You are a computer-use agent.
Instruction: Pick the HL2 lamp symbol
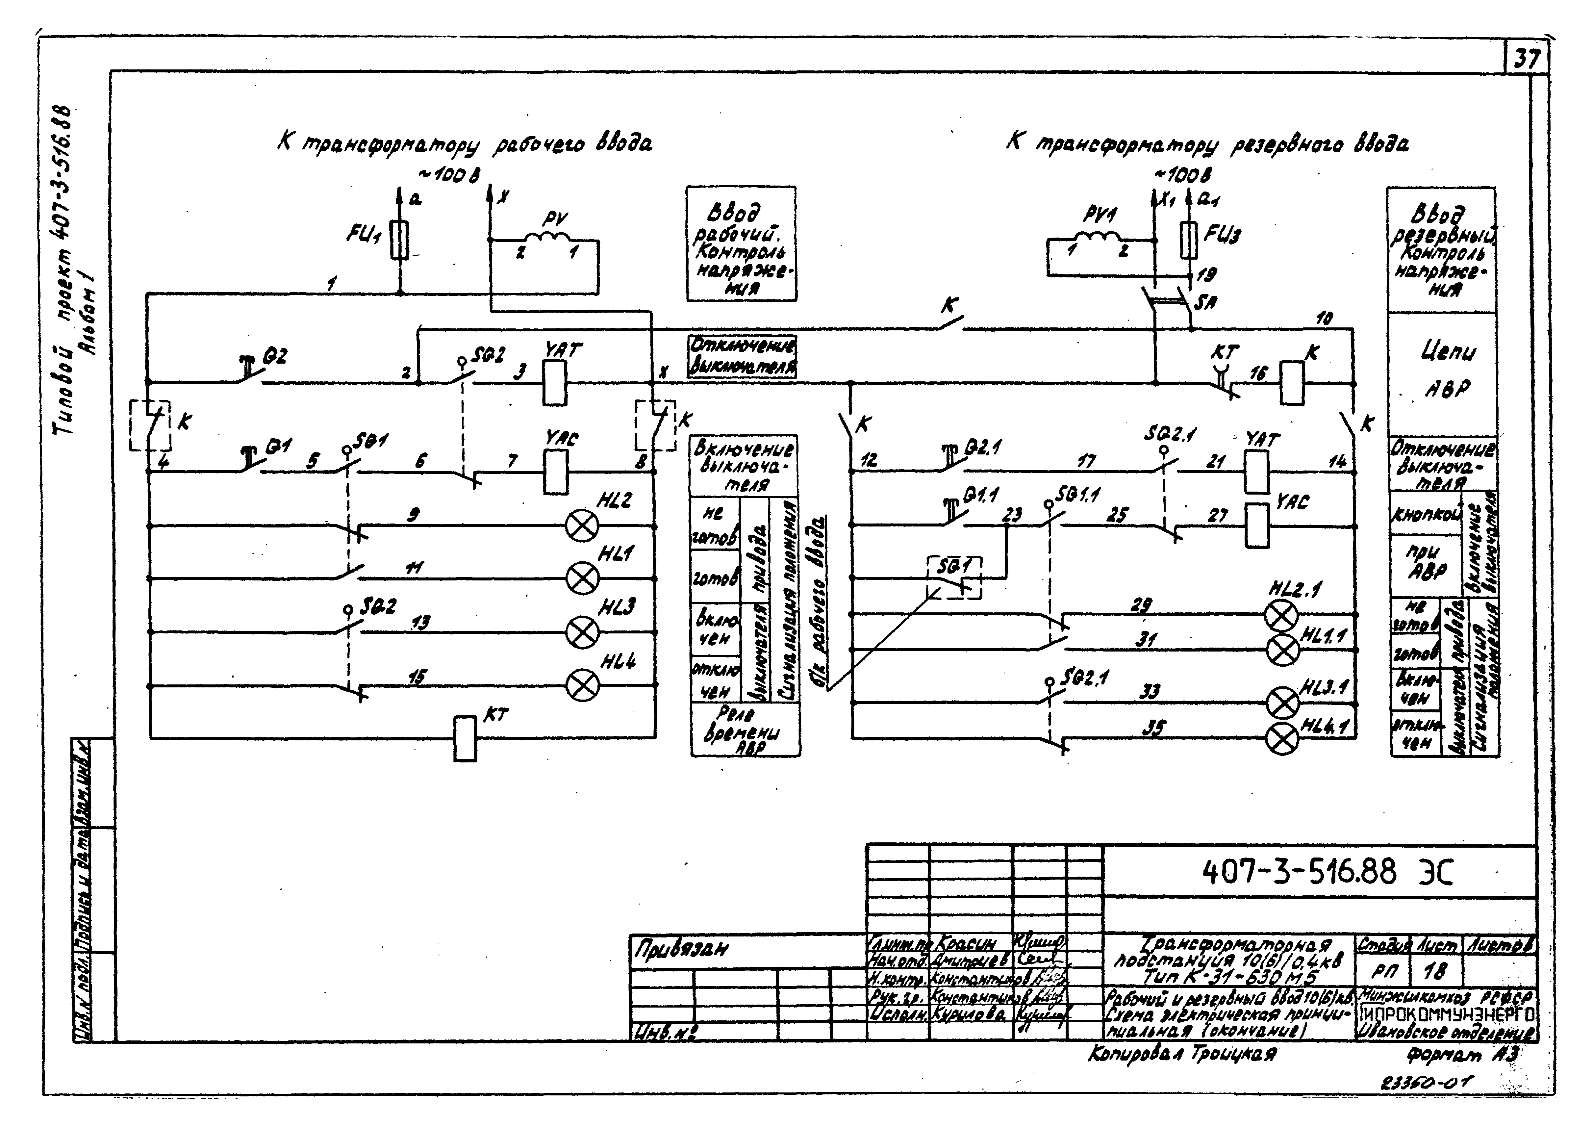582,526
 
